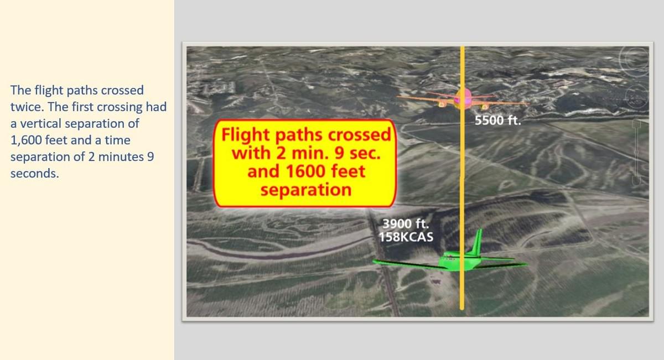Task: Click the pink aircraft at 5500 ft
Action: click(x=463, y=99)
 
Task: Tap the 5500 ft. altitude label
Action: click(x=497, y=121)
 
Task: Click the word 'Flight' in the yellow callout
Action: click(x=246, y=135)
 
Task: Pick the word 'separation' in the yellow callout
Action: click(x=305, y=190)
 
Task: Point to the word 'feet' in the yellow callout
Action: click(x=344, y=171)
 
